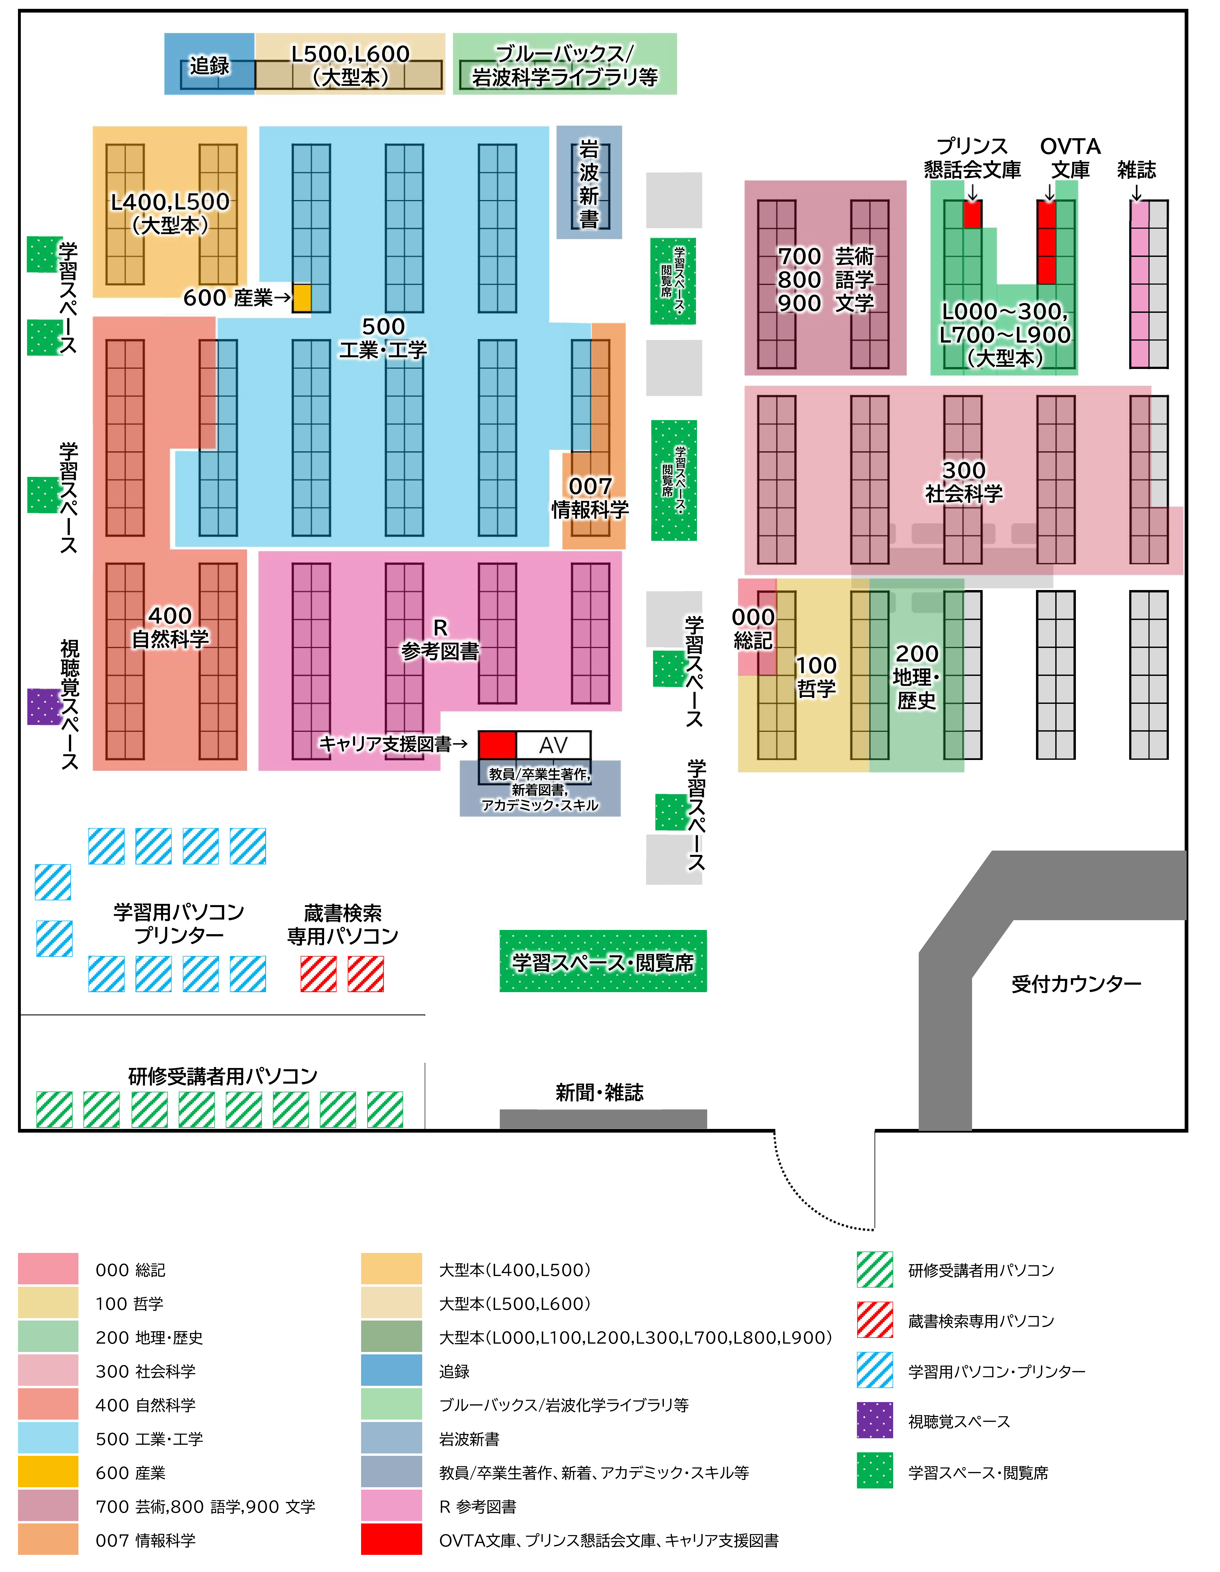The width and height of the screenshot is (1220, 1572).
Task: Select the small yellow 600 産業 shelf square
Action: [x=301, y=298]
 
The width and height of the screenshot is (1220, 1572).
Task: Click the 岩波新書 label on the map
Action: [x=589, y=184]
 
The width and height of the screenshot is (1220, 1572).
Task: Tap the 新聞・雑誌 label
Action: [x=599, y=1093]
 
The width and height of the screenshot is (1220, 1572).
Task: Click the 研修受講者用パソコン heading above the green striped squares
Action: [x=222, y=1076]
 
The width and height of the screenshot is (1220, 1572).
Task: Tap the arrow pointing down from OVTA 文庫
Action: [x=1049, y=192]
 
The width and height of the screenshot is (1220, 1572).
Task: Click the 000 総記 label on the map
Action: [x=753, y=628]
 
